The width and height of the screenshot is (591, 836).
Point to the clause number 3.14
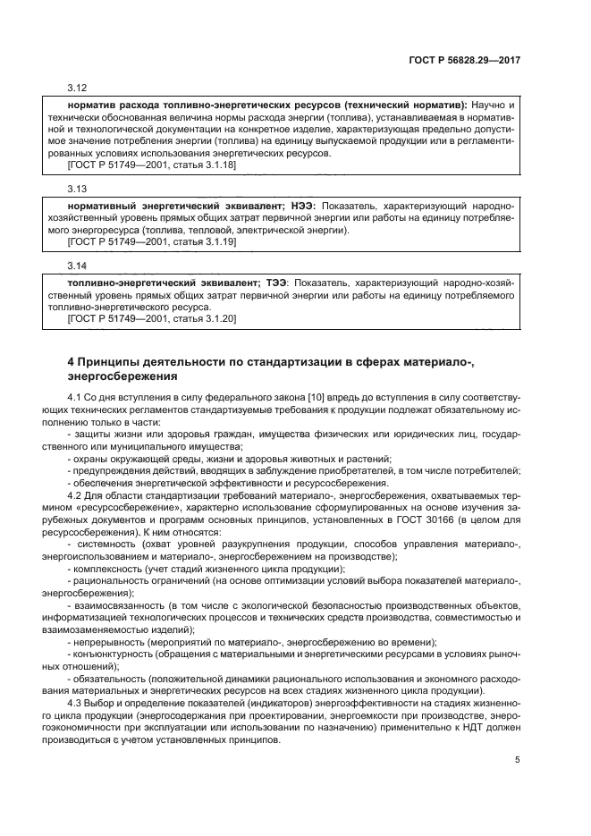[x=77, y=266]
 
